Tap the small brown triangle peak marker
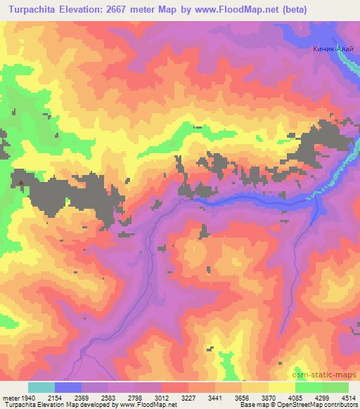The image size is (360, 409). tap(21, 184)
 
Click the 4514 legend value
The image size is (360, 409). tap(349, 396)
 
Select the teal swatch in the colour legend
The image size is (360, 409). tap(41, 387)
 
